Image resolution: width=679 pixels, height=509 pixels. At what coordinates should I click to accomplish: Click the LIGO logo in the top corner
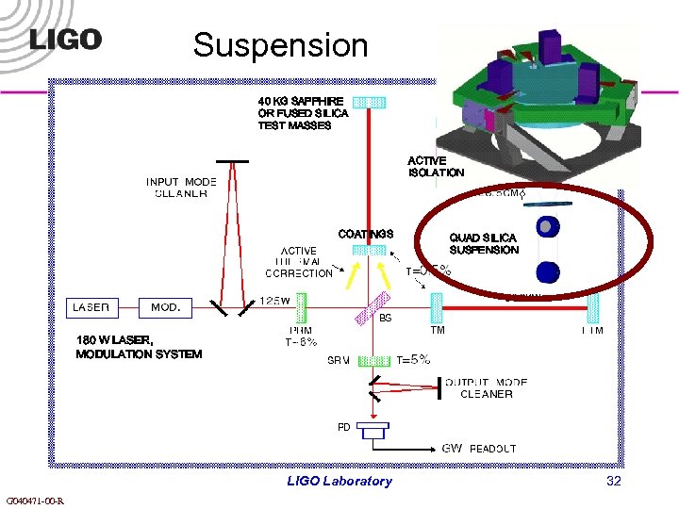65,40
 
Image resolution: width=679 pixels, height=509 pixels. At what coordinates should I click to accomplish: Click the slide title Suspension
280,44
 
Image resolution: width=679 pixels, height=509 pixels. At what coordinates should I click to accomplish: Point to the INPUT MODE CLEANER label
181,188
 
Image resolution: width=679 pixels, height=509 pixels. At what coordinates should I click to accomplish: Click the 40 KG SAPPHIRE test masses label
303,112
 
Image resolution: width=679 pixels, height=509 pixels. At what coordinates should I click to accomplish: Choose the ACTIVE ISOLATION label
436,167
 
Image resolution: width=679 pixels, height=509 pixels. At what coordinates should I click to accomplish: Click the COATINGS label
366,234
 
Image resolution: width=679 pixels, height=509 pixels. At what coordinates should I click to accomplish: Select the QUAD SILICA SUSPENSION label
484,243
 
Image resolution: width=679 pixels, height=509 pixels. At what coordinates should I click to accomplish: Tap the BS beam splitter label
385,319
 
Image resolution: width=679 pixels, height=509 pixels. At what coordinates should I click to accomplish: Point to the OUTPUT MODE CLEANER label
486,388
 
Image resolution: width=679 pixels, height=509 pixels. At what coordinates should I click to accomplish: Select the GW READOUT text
479,449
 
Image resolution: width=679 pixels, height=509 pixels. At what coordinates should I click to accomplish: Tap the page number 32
613,481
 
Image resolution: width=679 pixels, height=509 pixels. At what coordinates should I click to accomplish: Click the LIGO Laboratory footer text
339,481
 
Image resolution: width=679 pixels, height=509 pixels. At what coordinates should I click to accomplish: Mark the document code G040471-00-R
34,501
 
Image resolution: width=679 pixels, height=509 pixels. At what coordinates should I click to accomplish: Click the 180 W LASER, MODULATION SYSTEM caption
139,347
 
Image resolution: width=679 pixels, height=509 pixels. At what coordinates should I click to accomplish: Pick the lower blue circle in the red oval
546,272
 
